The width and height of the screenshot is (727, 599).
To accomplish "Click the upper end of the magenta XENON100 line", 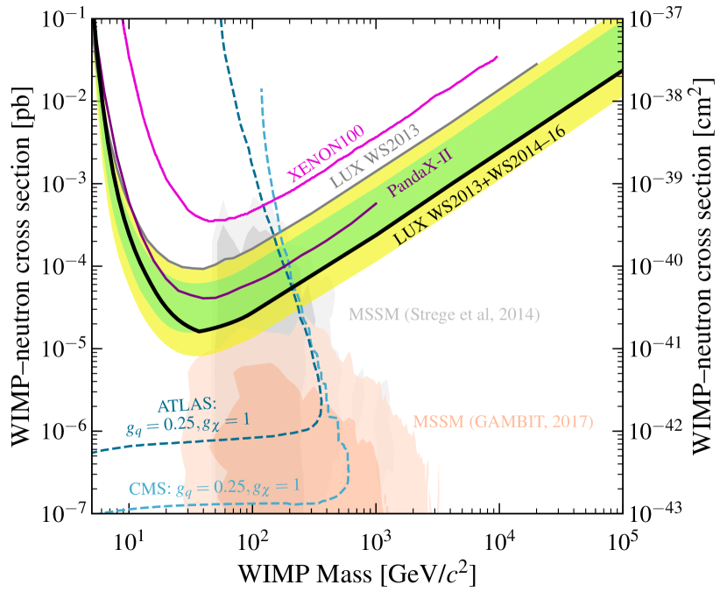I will [x=497, y=57].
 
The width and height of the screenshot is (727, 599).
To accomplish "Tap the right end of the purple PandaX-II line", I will [x=377, y=203].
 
